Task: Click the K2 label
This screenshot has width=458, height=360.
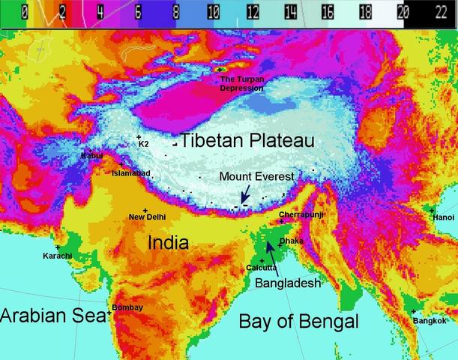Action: coord(143,143)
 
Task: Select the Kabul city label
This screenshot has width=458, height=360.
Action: coord(91,156)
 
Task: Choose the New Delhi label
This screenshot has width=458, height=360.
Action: coord(147,217)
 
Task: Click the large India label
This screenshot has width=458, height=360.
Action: coord(173,242)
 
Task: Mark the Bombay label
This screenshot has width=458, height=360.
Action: coord(127,307)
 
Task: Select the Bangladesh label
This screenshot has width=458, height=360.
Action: coord(288,283)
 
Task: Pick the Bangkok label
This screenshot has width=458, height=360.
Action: coord(430,320)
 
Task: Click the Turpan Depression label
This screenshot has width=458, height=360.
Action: coord(241,83)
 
